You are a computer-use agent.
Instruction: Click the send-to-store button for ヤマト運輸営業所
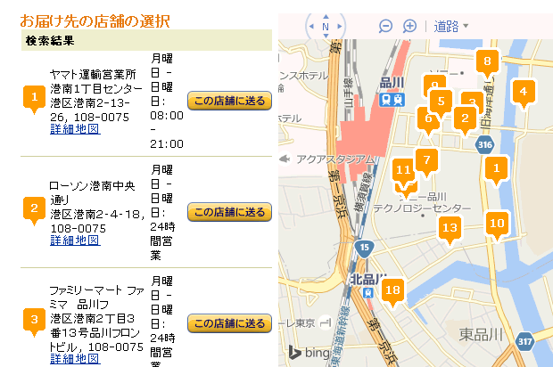[x=229, y=101]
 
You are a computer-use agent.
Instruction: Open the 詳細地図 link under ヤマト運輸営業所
[x=75, y=129]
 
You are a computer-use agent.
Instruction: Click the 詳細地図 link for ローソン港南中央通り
[x=75, y=240]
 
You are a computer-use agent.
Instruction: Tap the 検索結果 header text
[x=50, y=40]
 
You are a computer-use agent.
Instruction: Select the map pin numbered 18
[x=392, y=290]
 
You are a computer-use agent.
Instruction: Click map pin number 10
[x=498, y=224]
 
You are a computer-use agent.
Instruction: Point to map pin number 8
[x=487, y=62]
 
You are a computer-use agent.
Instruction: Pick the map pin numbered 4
[x=524, y=91]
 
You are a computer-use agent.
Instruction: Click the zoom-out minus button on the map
[x=386, y=26]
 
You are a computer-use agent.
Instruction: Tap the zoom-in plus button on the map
[x=410, y=26]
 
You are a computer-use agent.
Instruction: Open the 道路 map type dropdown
[x=451, y=26]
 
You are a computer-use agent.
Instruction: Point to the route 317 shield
[x=526, y=340]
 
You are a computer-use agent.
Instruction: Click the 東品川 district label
[x=482, y=334]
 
